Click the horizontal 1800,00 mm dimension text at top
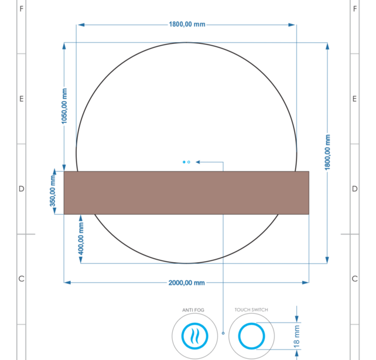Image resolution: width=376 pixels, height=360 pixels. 187,25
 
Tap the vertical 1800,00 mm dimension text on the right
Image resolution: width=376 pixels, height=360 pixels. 328,152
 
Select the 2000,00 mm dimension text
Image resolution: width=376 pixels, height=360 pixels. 186,283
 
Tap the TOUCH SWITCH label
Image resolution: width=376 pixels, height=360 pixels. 251,310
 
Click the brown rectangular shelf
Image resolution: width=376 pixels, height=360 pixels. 186,193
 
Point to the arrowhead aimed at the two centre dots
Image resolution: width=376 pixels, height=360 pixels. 198,161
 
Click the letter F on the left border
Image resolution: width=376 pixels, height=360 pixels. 22,9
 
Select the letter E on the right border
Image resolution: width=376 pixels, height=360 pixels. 354,99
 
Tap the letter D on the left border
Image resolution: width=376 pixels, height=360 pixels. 22,189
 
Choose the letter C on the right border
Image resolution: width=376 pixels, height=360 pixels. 354,279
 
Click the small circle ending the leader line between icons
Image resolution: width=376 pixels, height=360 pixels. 223,333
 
